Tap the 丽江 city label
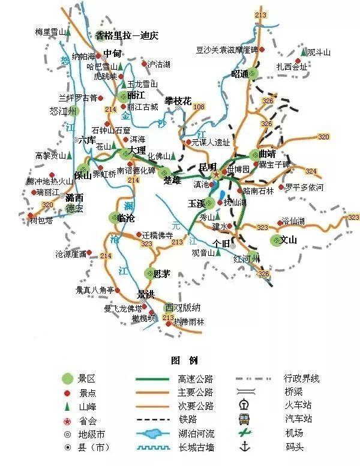coord(136,95)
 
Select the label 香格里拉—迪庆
coord(126,35)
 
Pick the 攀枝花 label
coord(178,101)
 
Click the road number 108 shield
coord(199,106)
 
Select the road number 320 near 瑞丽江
coord(47,205)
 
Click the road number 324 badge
coord(311,171)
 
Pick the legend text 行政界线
coord(301,378)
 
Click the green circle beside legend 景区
coord(67,378)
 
